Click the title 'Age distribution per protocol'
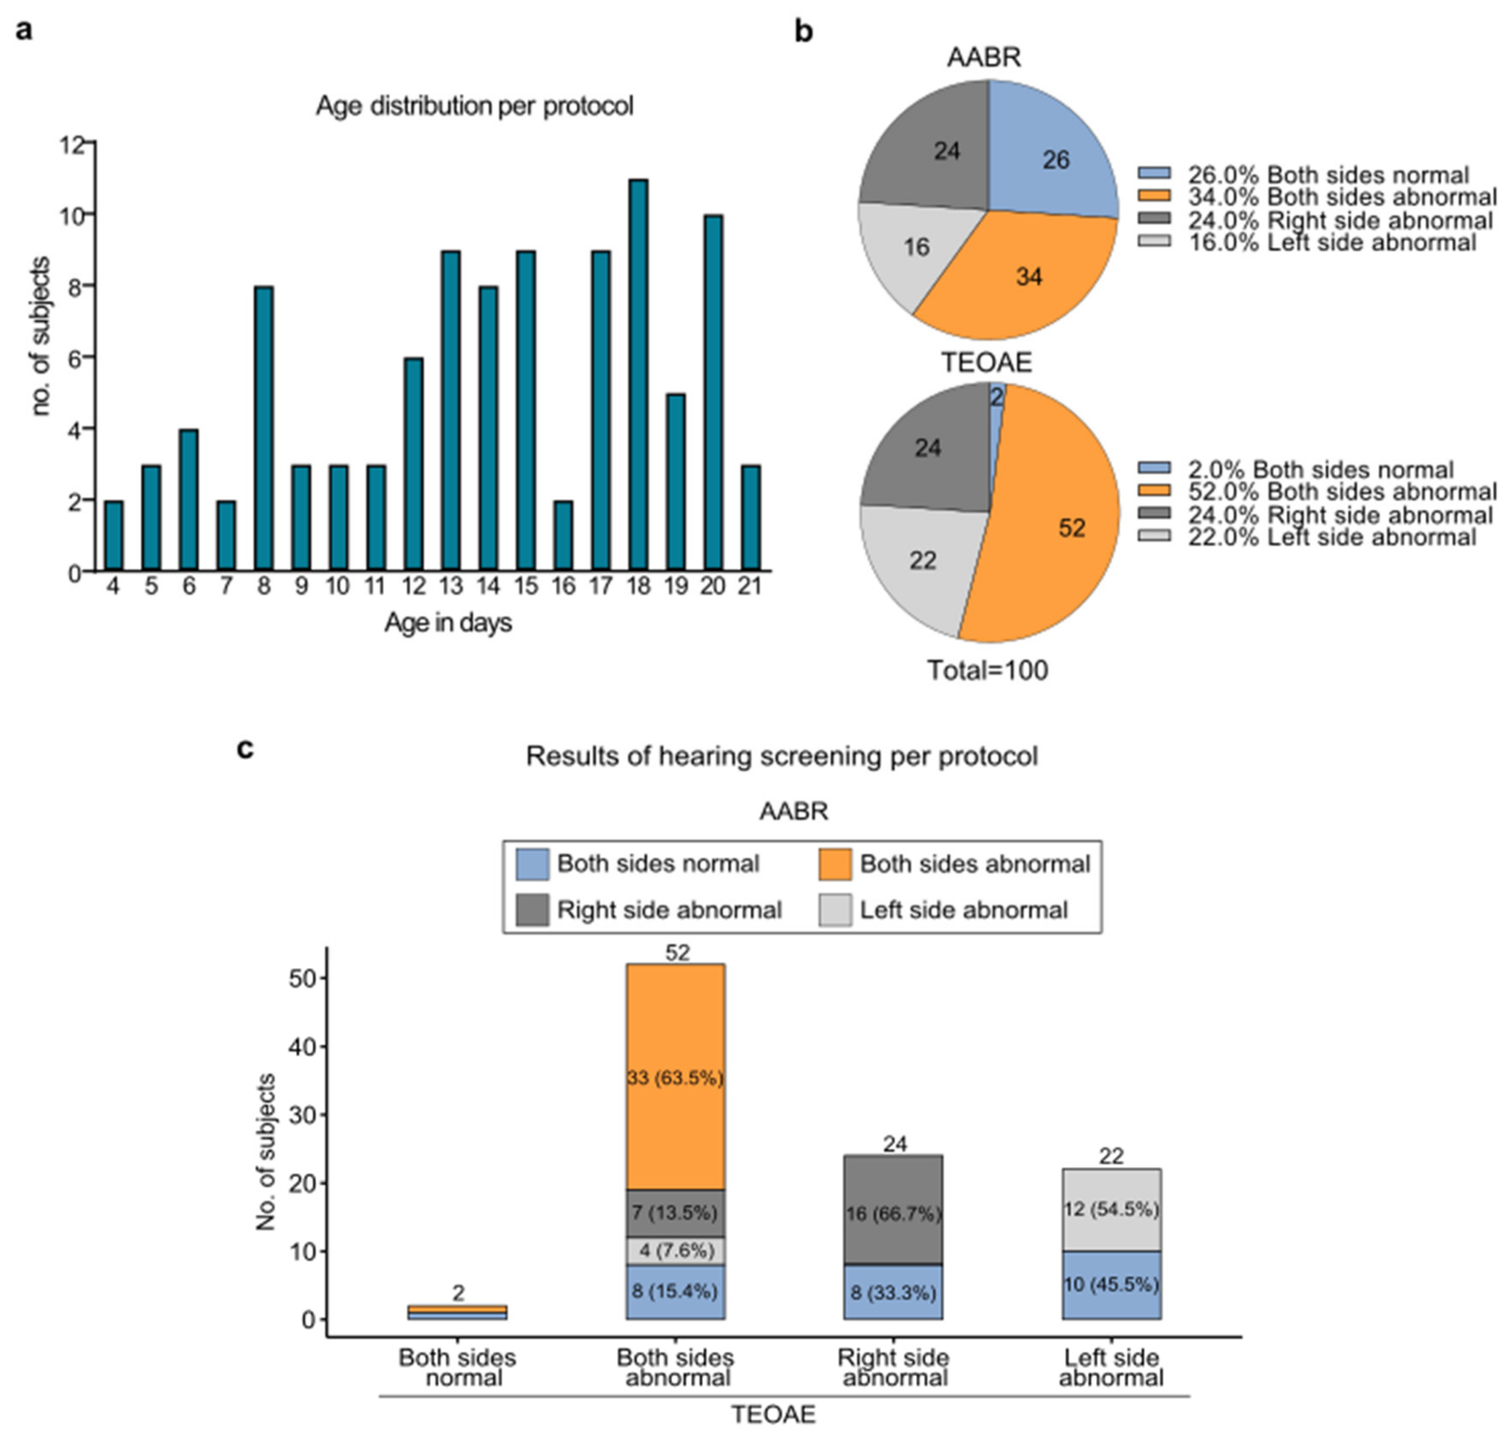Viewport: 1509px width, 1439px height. coord(475,106)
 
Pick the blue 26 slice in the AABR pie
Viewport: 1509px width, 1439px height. coord(1050,154)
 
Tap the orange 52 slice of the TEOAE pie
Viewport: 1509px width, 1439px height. coord(1050,514)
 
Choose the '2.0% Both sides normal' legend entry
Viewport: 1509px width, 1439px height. coord(1296,470)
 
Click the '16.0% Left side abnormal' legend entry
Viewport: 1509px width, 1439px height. coord(1307,243)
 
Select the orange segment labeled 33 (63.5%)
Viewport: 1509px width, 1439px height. coord(675,1076)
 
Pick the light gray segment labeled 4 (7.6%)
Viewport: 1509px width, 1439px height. coord(675,1250)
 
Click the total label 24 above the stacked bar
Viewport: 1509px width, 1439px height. coord(895,1144)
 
